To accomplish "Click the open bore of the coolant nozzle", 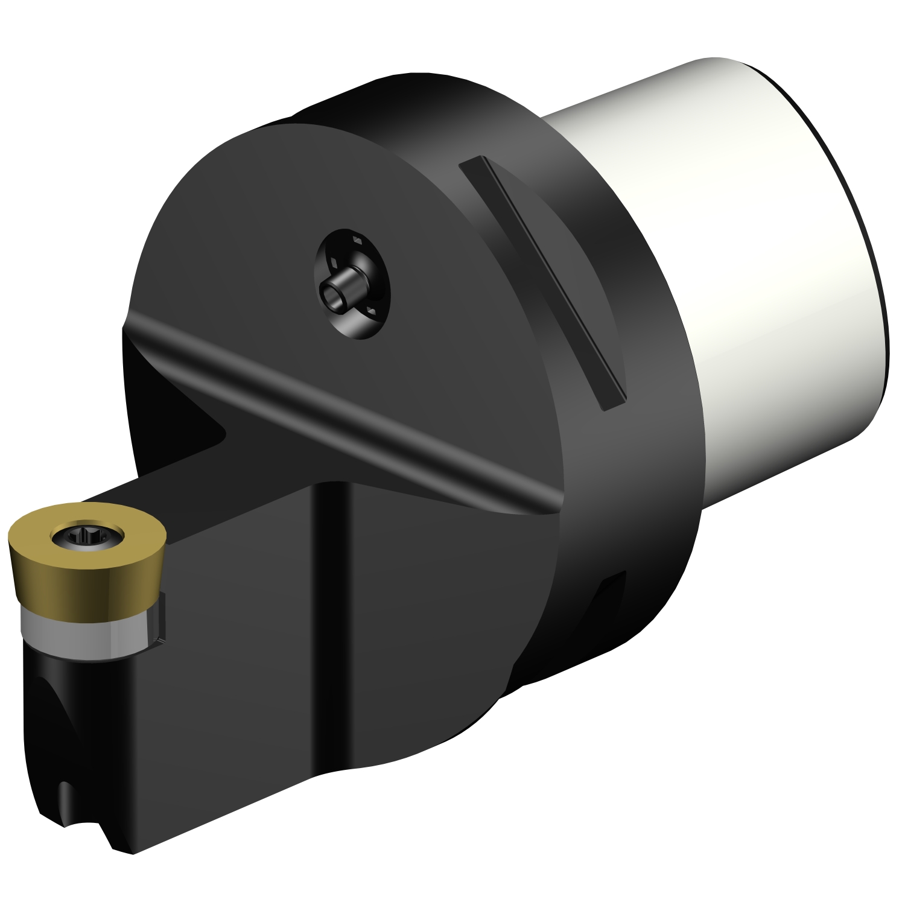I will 331,295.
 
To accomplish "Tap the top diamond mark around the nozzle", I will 357,241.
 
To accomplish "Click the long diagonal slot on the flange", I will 543,284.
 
